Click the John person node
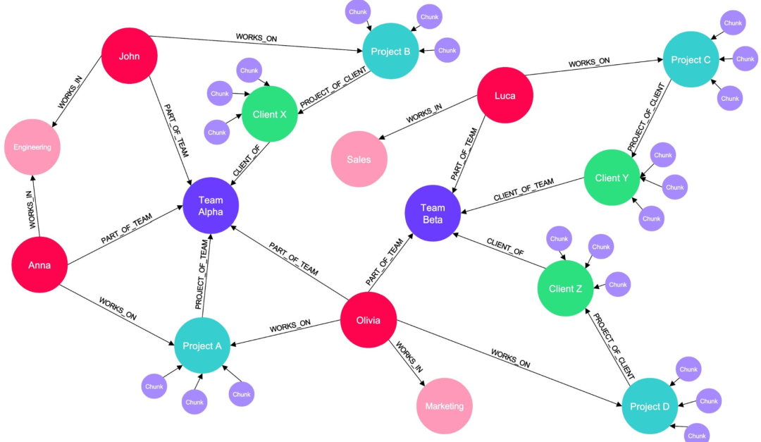(129, 56)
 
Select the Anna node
(39, 265)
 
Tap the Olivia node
(368, 320)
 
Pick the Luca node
(505, 95)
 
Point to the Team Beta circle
(433, 213)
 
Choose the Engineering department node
(32, 147)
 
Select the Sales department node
(359, 159)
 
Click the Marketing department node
(444, 406)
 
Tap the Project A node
(202, 345)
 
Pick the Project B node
(391, 50)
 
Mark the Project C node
(691, 60)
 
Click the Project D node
(650, 405)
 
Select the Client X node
(269, 114)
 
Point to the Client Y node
(612, 178)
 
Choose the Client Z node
(565, 288)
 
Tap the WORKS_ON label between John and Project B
(256, 37)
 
